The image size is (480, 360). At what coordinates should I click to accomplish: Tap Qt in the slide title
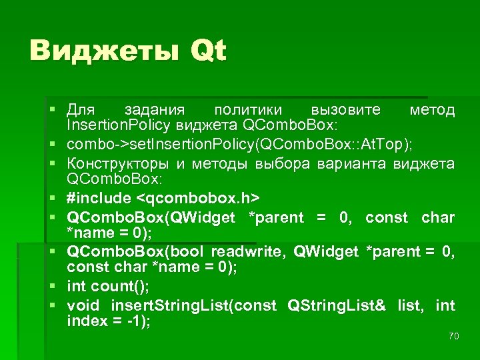pyautogui.click(x=208, y=51)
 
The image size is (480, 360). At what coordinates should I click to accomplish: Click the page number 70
pyautogui.click(x=453, y=336)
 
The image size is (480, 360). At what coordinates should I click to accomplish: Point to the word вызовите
pyautogui.click(x=346, y=109)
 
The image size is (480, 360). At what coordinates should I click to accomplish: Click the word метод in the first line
pyautogui.click(x=432, y=109)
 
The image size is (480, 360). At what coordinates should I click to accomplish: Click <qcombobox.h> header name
pyautogui.click(x=198, y=198)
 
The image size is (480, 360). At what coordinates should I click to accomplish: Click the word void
pyautogui.click(x=83, y=306)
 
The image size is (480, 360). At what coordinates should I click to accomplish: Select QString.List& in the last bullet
pyautogui.click(x=336, y=306)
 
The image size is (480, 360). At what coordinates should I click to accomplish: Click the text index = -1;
pyautogui.click(x=109, y=322)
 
